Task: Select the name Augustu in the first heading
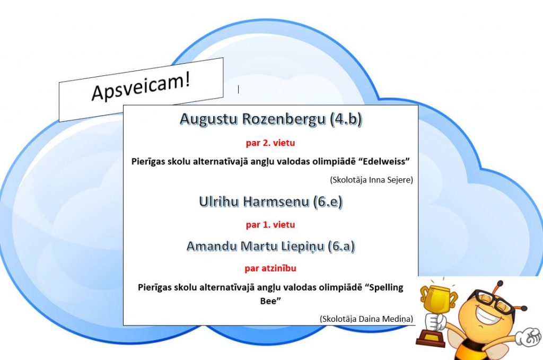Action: (x=209, y=119)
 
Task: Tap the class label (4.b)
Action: (x=346, y=119)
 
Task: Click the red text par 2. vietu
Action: (x=270, y=143)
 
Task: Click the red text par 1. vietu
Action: (x=270, y=225)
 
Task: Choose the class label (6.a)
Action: (x=341, y=247)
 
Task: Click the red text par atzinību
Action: (x=270, y=268)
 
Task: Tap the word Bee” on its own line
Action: (x=270, y=301)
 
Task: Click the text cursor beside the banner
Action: (x=238, y=89)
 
